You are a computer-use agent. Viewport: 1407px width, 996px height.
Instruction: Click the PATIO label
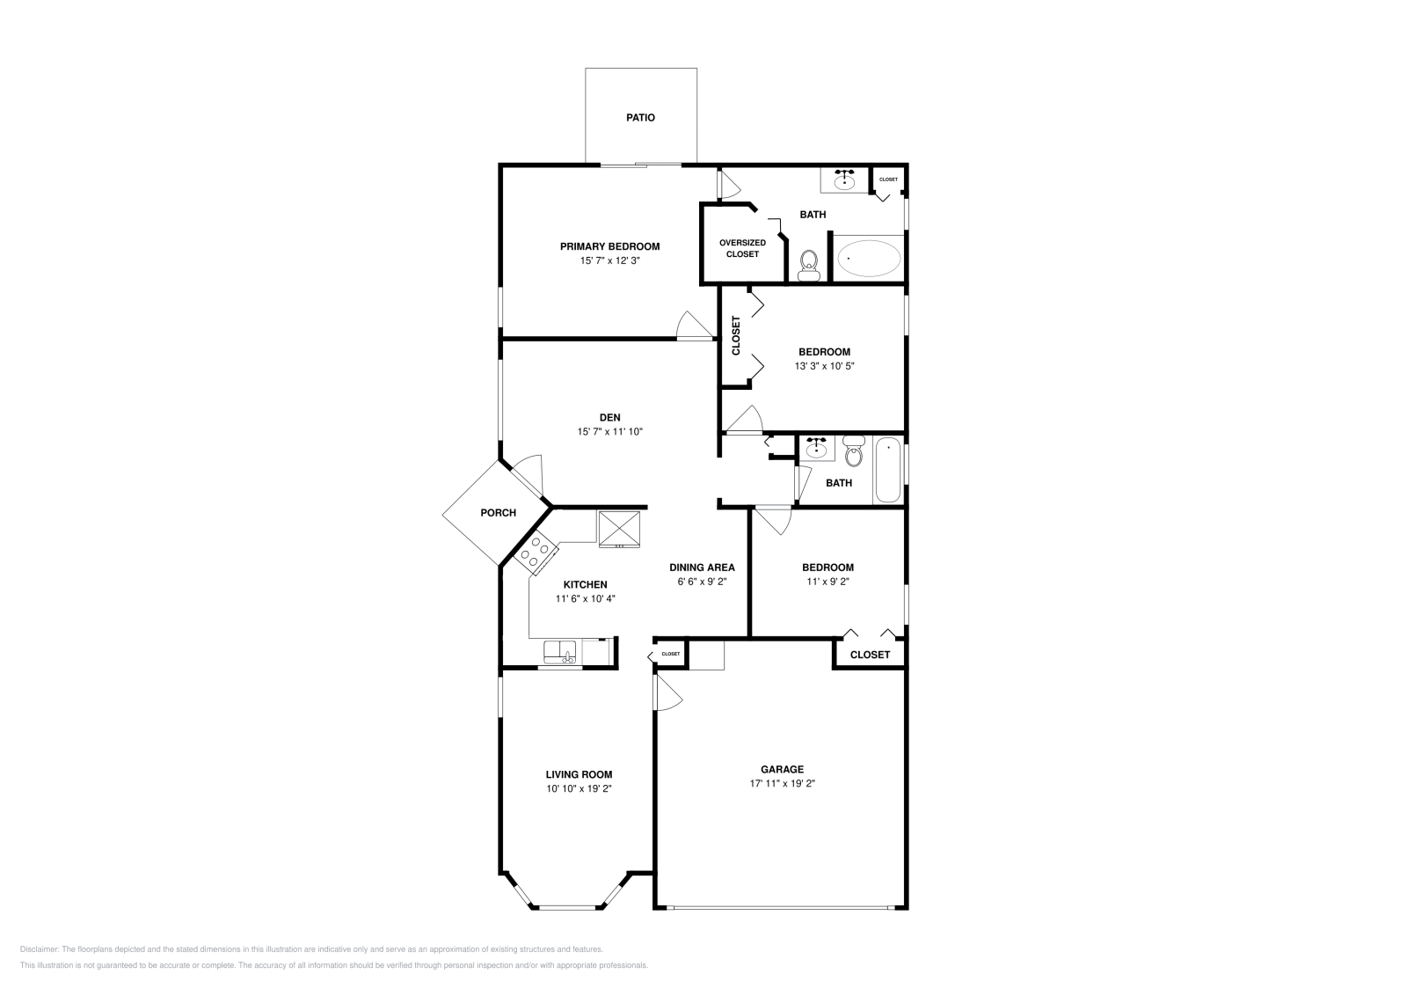click(x=640, y=117)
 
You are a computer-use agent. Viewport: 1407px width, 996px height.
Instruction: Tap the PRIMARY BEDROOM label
click(x=609, y=246)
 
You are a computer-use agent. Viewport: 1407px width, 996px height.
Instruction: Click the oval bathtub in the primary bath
click(x=869, y=259)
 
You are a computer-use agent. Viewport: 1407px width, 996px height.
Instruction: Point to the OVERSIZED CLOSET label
click(x=742, y=248)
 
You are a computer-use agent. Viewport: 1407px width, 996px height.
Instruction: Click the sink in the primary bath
click(x=845, y=180)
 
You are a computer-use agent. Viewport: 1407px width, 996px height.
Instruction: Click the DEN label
click(x=609, y=417)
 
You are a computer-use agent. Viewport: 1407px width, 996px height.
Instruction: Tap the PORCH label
click(x=498, y=513)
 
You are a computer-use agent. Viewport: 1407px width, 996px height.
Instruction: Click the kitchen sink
click(x=559, y=652)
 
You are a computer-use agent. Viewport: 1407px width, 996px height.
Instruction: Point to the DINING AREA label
click(x=702, y=568)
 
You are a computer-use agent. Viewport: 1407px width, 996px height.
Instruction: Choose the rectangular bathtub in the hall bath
click(x=888, y=470)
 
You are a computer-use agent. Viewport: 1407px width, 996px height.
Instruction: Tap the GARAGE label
click(x=782, y=769)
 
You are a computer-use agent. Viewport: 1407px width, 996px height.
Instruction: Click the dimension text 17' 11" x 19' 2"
click(x=782, y=783)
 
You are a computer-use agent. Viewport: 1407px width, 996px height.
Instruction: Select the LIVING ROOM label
click(x=579, y=774)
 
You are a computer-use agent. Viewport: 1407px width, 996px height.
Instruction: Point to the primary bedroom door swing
click(x=695, y=326)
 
